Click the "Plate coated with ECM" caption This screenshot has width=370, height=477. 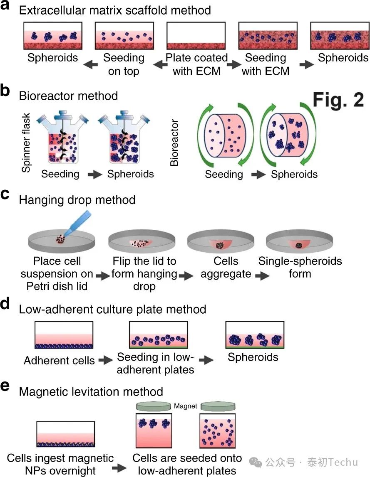pyautogui.click(x=196, y=64)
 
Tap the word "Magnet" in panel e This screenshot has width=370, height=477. pyautogui.click(x=186, y=406)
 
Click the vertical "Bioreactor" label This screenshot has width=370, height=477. pyautogui.click(x=174, y=143)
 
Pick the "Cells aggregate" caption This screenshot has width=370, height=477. pyautogui.click(x=226, y=268)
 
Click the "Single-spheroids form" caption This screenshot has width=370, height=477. pyautogui.click(x=300, y=268)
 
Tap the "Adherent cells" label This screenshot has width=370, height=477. pyautogui.click(x=59, y=360)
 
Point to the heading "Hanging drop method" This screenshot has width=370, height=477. pyautogui.click(x=77, y=199)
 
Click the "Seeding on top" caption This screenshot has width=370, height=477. pyautogui.click(x=124, y=64)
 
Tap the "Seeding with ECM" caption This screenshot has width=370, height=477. pyautogui.click(x=266, y=64)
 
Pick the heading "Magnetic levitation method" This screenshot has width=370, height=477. pyautogui.click(x=91, y=391)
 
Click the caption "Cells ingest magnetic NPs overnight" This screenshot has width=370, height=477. pyautogui.click(x=60, y=464)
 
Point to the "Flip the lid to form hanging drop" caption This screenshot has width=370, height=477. pyautogui.click(x=144, y=274)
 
